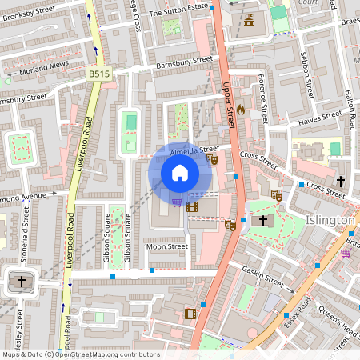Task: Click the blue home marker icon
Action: point(180,172)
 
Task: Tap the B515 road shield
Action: point(98,74)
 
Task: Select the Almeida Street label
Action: point(194,150)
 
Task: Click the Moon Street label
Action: point(166,247)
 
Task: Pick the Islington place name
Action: point(330,220)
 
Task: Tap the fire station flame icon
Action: point(241,109)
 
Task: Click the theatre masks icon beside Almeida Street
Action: point(213,159)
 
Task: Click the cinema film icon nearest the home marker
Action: point(191,207)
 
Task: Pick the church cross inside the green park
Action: point(260,220)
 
